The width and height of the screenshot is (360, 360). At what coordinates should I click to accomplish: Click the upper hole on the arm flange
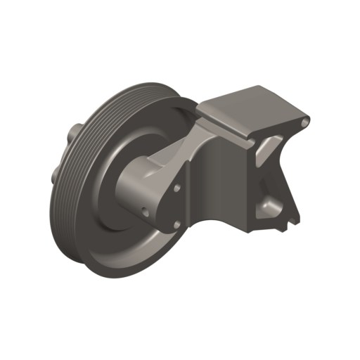[x=179, y=188]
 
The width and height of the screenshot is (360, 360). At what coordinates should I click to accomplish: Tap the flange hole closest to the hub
[x=144, y=210]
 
